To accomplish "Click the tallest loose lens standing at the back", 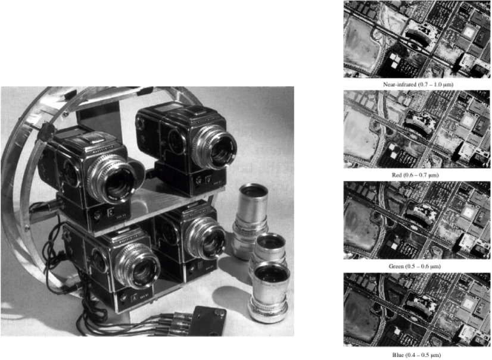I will [247, 220].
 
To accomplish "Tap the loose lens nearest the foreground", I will [271, 292].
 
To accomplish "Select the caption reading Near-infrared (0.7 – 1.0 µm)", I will [418, 85].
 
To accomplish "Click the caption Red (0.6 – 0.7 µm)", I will [418, 176].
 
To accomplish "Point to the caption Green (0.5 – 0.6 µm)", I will [418, 266].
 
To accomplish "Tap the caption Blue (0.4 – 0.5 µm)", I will [418, 355].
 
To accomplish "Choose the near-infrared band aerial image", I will [418, 39].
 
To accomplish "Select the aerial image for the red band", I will [418, 130].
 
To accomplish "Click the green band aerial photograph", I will [418, 220].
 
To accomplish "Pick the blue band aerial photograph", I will [418, 309].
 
